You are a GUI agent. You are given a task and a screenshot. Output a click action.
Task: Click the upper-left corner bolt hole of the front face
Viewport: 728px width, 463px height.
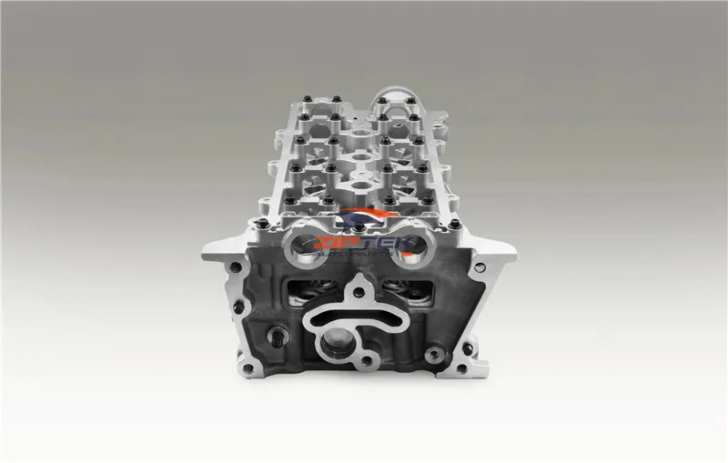tap(238, 267)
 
